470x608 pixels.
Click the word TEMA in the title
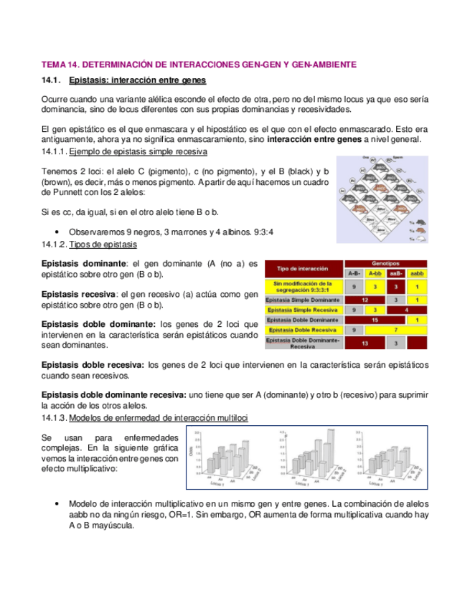pyautogui.click(x=54, y=65)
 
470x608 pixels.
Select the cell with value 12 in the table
pyautogui.click(x=365, y=299)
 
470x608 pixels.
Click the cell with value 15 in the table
pyautogui.click(x=375, y=320)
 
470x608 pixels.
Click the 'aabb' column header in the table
pyautogui.click(x=416, y=273)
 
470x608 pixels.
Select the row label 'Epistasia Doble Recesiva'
pyautogui.click(x=302, y=330)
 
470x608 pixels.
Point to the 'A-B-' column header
pyautogui.click(x=354, y=273)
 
